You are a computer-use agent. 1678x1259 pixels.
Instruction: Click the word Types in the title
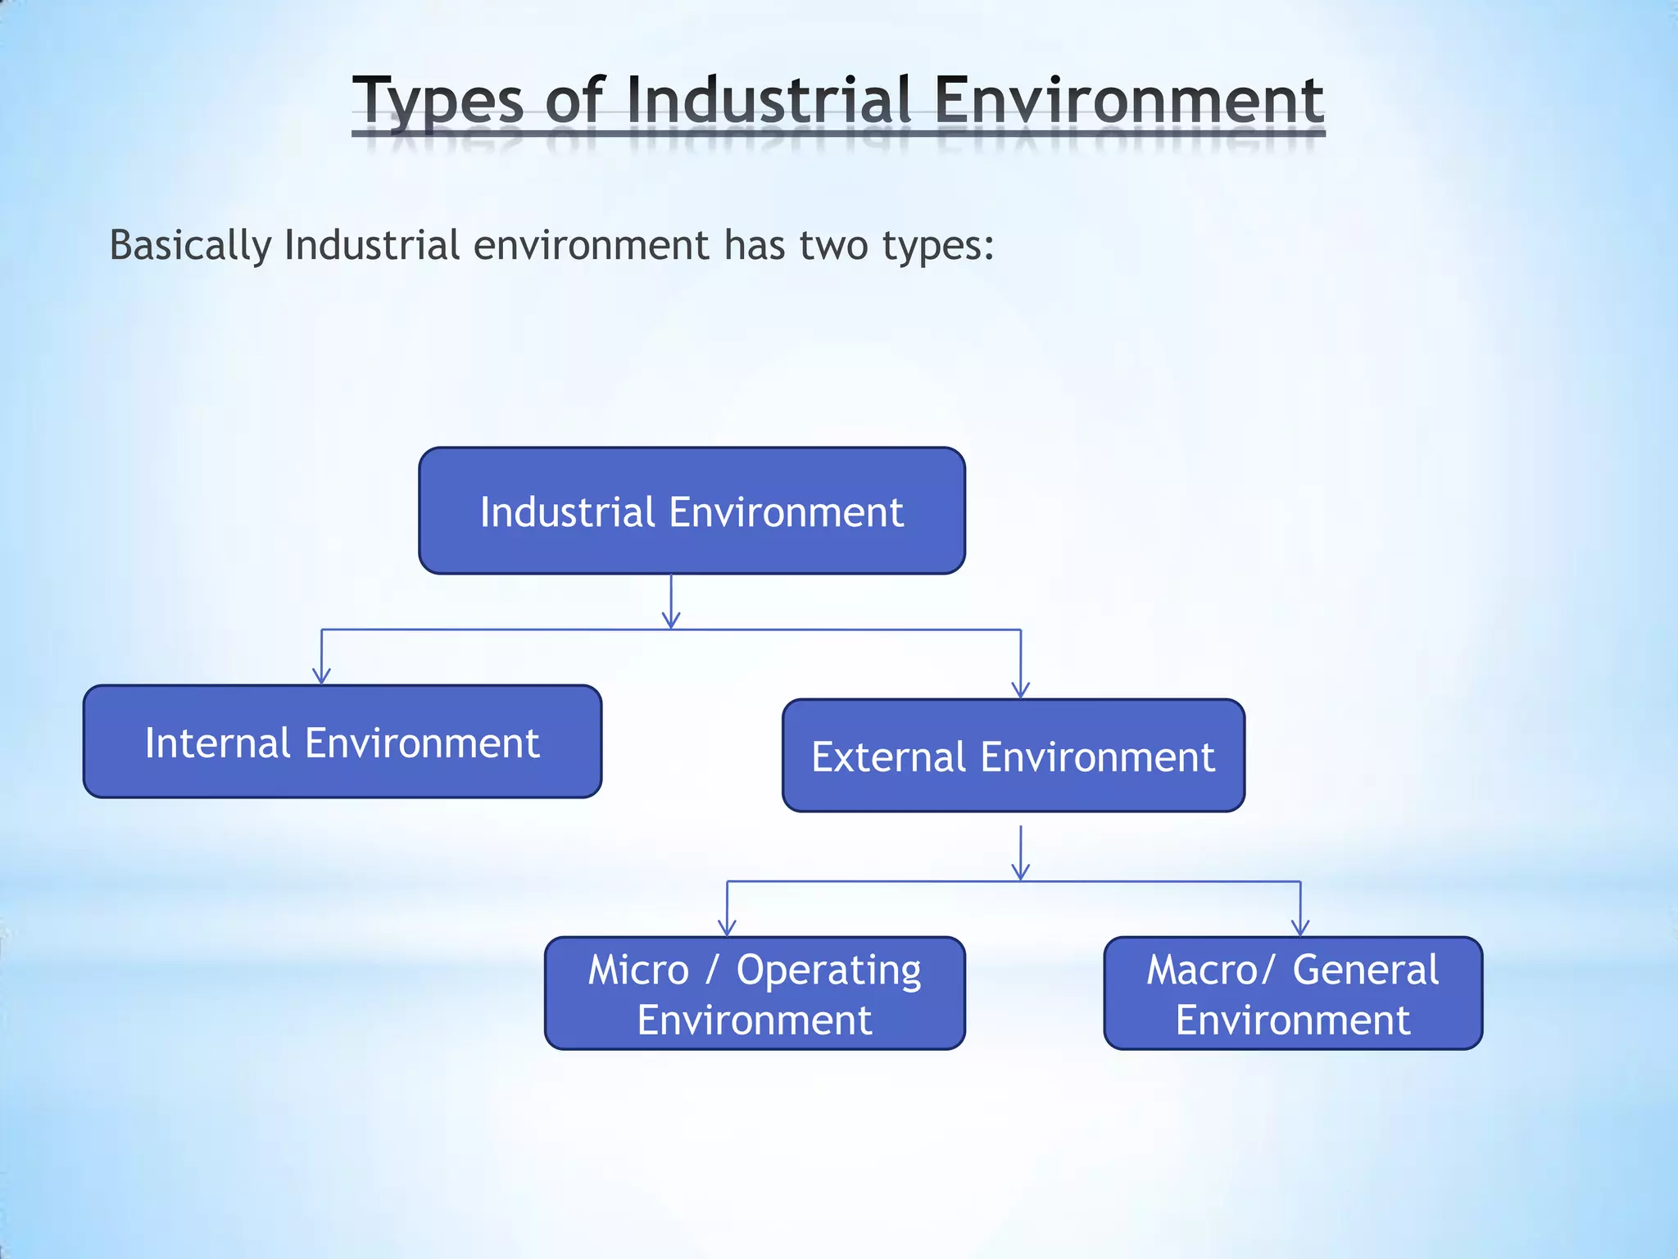[438, 101]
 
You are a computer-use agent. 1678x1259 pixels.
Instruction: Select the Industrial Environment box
[692, 511]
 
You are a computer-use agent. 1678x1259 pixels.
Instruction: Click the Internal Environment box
[342, 742]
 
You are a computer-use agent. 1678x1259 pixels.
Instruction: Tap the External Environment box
[1014, 756]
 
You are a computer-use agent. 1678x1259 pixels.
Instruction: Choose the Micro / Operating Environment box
[755, 993]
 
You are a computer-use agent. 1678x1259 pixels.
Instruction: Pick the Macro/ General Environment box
[1293, 993]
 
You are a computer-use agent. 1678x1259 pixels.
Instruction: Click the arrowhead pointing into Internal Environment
[321, 676]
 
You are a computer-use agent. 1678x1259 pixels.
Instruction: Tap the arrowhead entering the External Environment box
[1020, 690]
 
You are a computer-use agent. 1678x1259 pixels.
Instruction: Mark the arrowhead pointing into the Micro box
[727, 928]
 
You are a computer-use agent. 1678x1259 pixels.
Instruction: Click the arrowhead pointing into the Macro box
[1300, 928]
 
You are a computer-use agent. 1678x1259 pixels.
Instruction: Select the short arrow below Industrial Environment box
[671, 602]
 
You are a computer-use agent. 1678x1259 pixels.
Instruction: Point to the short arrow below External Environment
[1020, 854]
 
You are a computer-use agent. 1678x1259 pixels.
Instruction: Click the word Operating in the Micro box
[828, 971]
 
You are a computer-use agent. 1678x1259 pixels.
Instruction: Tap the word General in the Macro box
[1365, 970]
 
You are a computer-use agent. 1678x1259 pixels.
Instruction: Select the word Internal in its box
[217, 743]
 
